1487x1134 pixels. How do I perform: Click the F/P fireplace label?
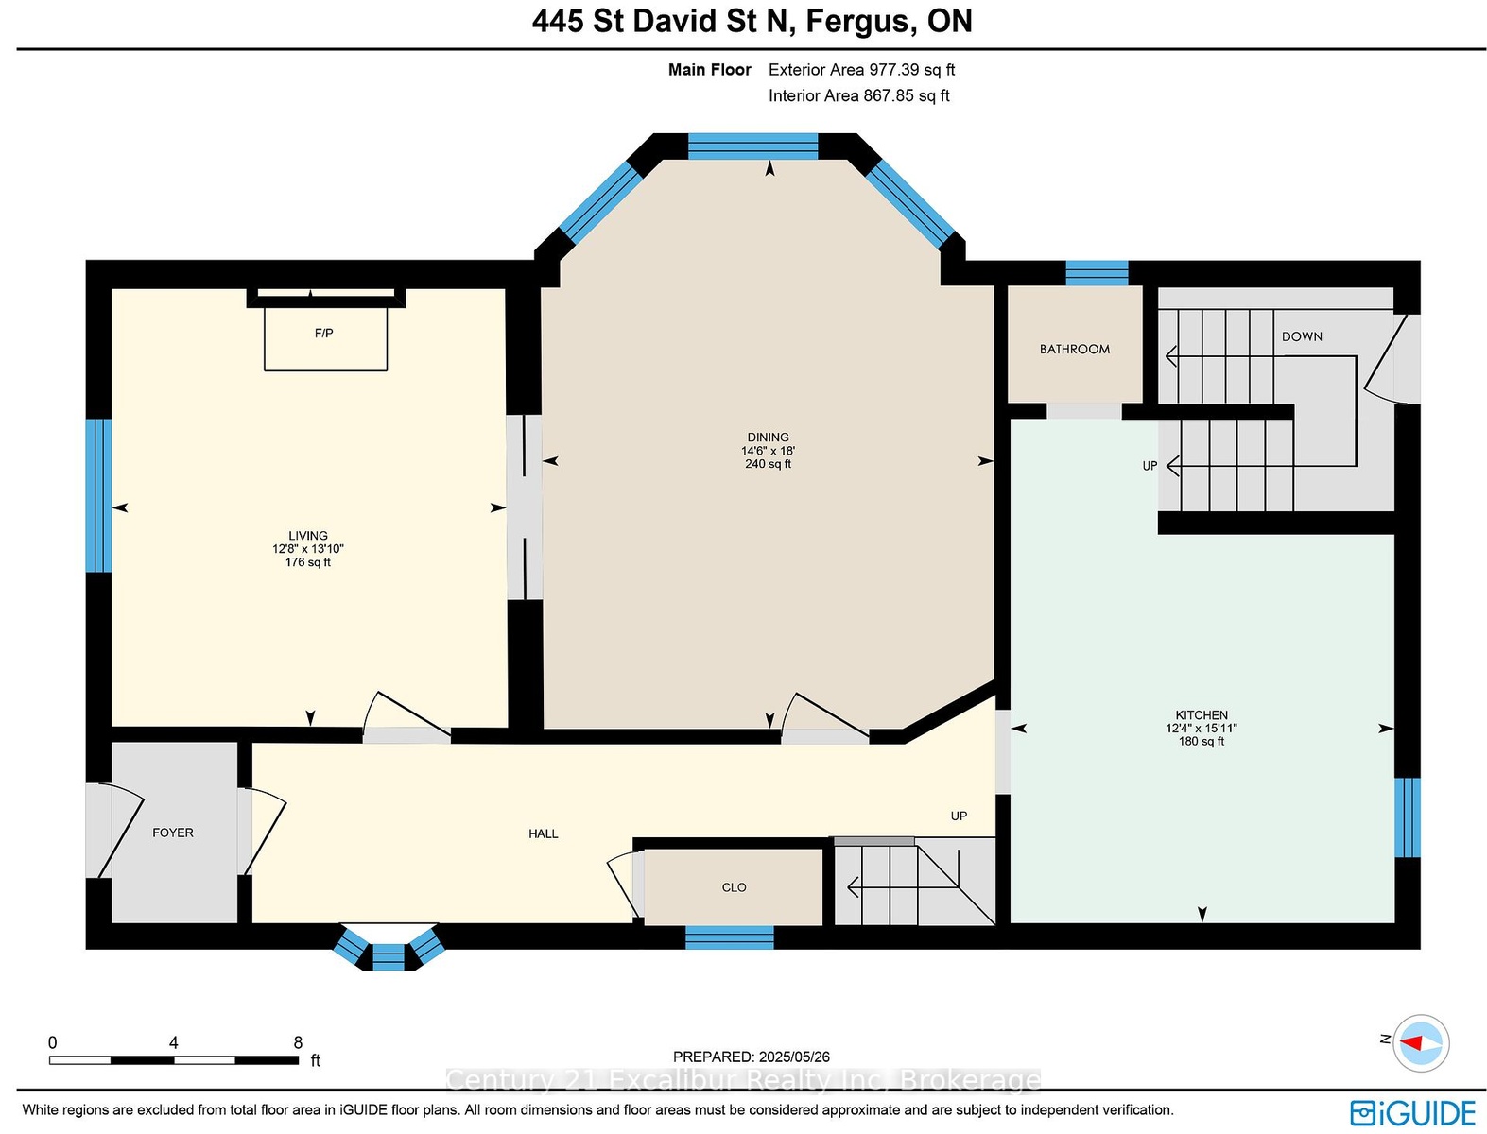click(323, 333)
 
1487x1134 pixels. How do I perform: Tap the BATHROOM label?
click(1075, 350)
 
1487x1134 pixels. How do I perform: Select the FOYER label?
click(173, 833)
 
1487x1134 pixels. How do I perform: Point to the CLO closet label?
click(734, 887)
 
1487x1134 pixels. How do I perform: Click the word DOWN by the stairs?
click(1302, 336)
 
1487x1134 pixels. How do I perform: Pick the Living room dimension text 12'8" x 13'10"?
click(307, 549)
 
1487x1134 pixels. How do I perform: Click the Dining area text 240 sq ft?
click(768, 464)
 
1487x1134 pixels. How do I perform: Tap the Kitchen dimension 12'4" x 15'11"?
click(1202, 729)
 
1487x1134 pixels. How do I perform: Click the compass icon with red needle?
click(1421, 1043)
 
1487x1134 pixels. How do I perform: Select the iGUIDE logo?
click(1412, 1114)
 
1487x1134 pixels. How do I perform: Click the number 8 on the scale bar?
click(298, 1042)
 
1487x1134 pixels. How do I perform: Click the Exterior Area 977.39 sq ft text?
click(862, 70)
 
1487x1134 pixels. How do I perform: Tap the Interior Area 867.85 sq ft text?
click(858, 95)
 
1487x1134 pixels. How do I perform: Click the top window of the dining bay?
click(752, 146)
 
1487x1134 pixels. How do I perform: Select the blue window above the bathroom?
click(1097, 273)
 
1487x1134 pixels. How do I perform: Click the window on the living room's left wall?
click(98, 495)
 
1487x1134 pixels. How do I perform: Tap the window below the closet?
click(729, 937)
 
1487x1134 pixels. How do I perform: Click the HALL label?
click(543, 834)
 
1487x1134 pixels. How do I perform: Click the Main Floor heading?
click(709, 70)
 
